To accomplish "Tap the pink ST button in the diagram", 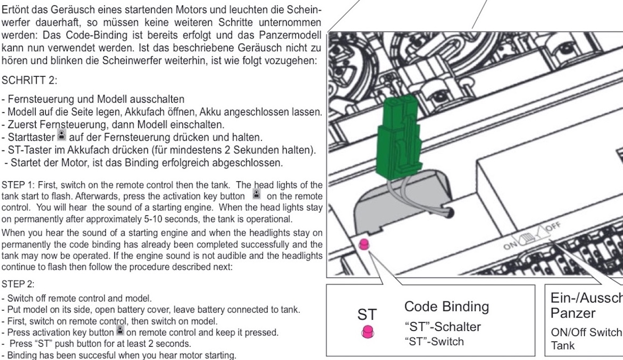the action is pos(364,244).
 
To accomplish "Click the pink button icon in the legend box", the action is pos(368,331).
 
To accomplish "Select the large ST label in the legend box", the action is pos(367,314).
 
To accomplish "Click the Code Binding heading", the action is pos(446,307).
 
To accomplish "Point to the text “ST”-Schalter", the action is pos(443,326).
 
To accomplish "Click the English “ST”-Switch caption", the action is pos(434,341).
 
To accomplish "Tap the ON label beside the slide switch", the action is pos(511,245).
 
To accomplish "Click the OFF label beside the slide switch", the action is pos(553,227).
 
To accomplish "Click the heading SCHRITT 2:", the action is pos(29,80).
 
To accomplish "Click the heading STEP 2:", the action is pos(18,284).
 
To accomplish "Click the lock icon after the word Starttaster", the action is pos(62,135).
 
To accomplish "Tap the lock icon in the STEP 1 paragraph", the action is pos(256,194).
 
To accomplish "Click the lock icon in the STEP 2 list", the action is pos(120,330).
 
